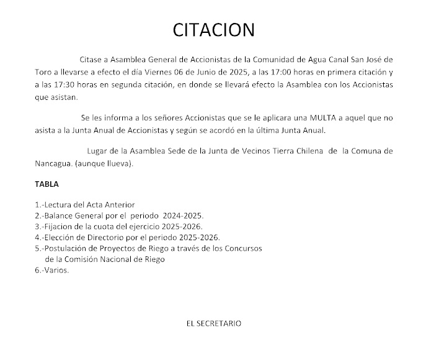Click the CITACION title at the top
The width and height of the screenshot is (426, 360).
click(213, 30)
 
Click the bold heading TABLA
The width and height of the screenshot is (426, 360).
click(47, 184)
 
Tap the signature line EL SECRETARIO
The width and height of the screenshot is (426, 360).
click(214, 323)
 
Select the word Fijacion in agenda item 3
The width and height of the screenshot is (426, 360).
click(59, 227)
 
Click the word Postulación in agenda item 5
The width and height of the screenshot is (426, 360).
click(68, 248)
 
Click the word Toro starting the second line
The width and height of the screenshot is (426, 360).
click(43, 72)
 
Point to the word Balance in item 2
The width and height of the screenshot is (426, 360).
click(58, 215)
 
